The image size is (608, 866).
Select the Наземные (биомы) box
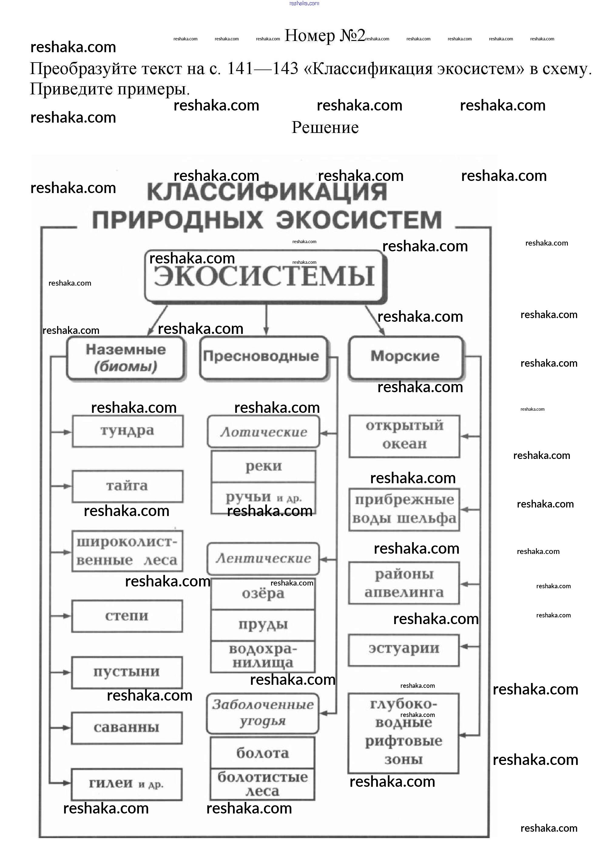(126, 358)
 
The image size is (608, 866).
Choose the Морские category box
(405, 357)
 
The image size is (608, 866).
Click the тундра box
(127, 431)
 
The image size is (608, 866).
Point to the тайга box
(127, 486)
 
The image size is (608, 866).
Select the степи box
(127, 616)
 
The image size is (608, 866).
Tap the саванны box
(127, 728)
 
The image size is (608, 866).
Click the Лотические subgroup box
(263, 432)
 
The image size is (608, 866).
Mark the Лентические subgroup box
(263, 559)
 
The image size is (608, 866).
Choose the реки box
(263, 467)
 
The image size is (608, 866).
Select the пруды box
(263, 625)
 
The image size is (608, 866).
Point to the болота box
(262, 753)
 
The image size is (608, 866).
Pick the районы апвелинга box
(404, 583)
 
